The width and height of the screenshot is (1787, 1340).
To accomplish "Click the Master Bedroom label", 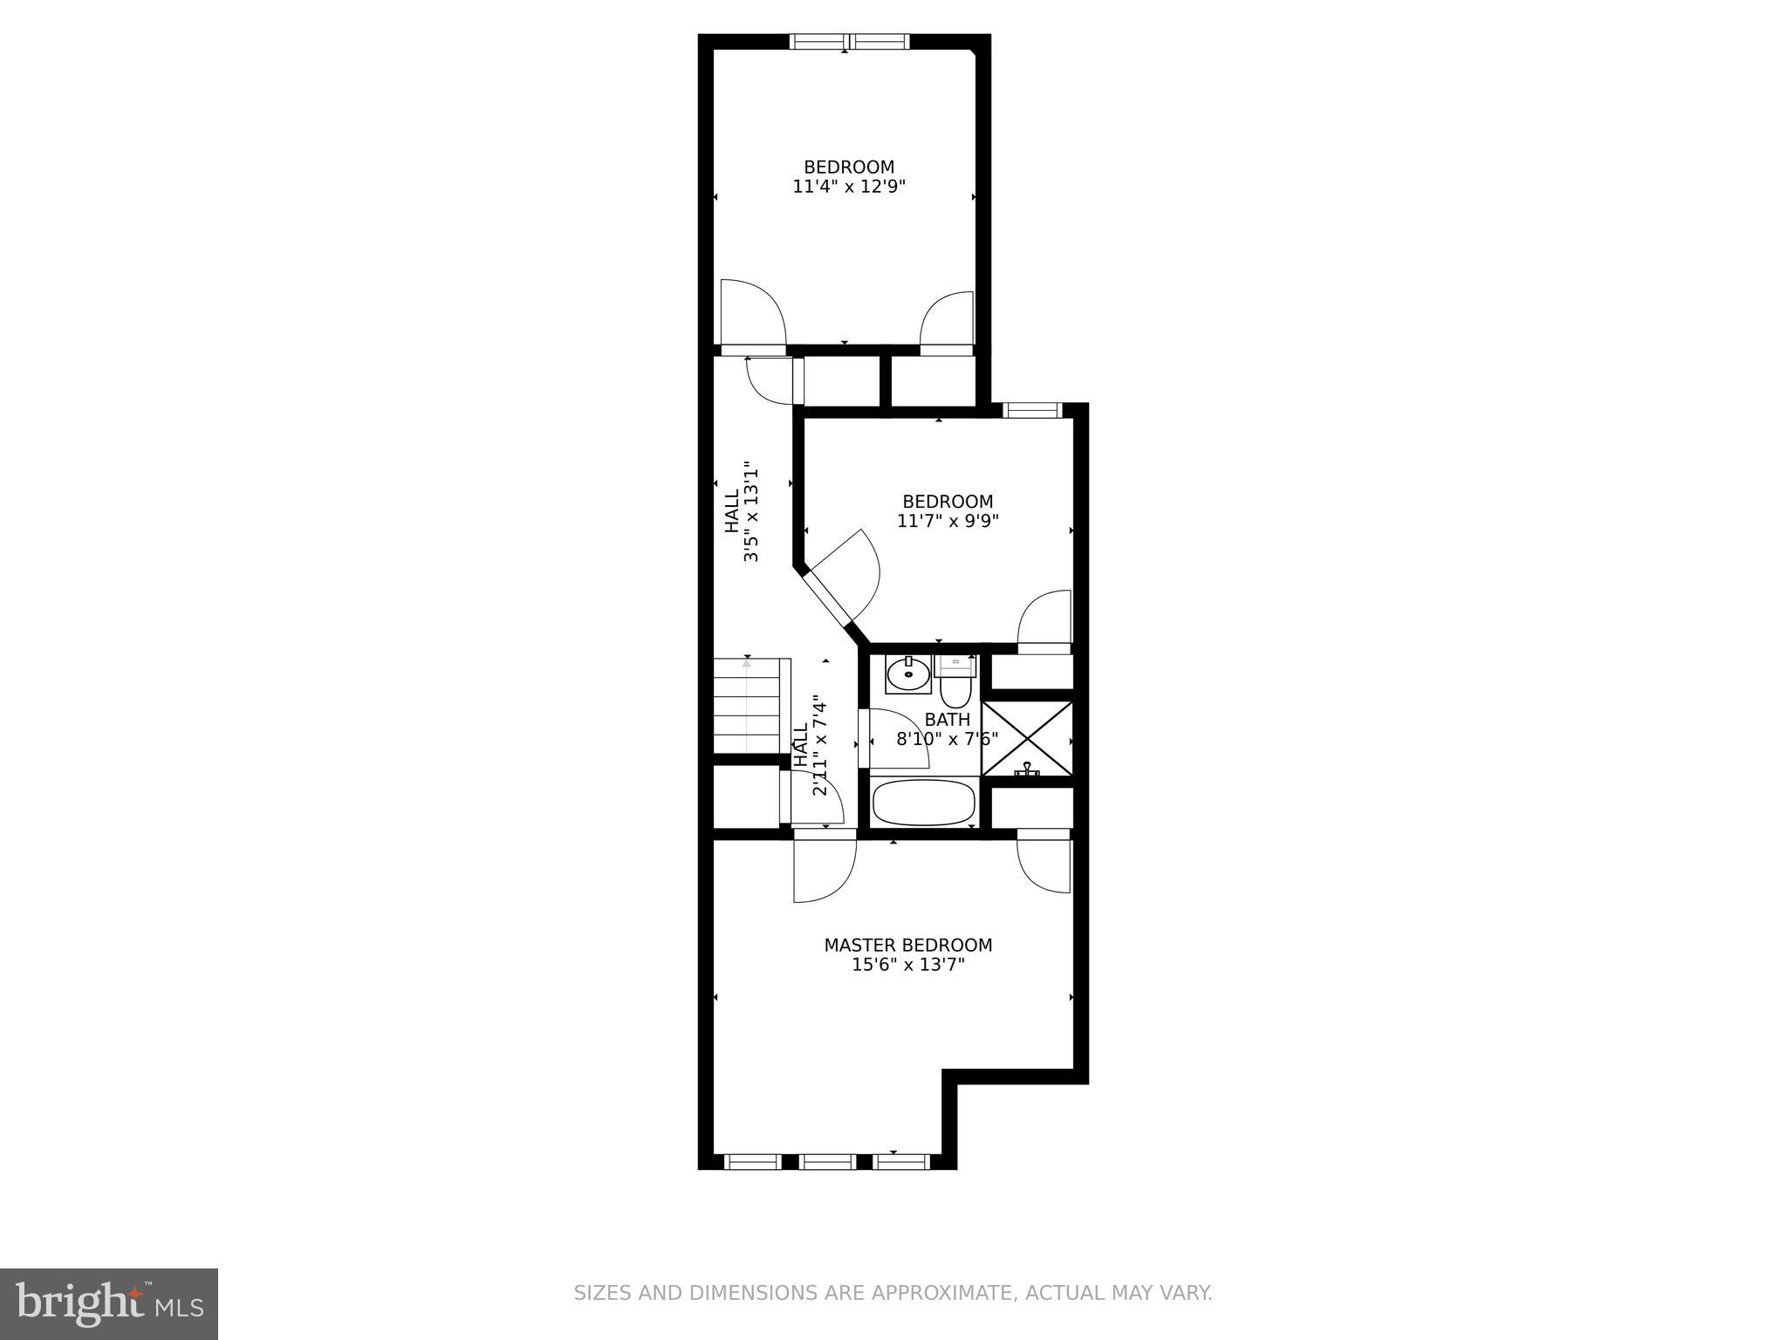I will tap(907, 946).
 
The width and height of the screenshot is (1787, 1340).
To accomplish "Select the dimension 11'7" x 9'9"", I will tap(948, 521).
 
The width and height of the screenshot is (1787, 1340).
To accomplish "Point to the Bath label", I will tap(947, 720).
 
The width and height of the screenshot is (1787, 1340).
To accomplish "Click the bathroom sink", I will tap(908, 673).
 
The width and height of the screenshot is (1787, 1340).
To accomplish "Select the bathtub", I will tap(924, 803).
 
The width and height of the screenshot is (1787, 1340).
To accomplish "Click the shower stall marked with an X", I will tap(1027, 738).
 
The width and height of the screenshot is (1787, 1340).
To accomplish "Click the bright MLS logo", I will tap(109, 1304).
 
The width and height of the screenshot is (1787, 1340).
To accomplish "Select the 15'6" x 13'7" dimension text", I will tap(907, 965).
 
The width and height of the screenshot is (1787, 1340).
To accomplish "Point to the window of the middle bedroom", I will tap(1031, 410).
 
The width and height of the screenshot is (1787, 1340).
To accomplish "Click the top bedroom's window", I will tap(849, 41).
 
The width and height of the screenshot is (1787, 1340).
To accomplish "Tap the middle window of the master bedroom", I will tap(827, 1162).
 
